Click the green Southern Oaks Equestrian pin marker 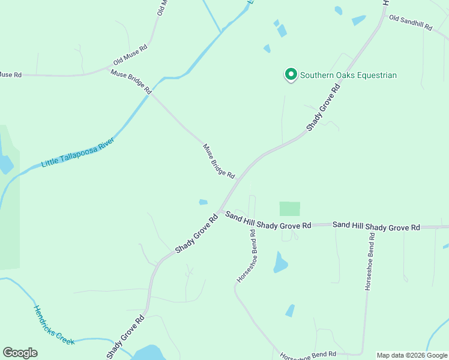(291, 74)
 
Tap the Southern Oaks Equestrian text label (348, 75)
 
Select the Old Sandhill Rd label (411, 23)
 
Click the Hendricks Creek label (53, 325)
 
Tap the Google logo (20, 353)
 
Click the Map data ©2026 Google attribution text (411, 355)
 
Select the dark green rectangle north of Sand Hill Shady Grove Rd (289, 209)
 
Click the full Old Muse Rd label (130, 55)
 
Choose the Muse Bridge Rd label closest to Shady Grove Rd (218, 160)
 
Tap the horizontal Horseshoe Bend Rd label (307, 355)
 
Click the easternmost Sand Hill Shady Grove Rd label (376, 226)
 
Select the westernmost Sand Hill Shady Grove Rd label (268, 221)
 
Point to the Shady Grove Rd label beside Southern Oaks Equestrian (324, 107)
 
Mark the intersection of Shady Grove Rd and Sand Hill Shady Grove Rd (220, 211)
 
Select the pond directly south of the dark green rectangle (280, 262)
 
